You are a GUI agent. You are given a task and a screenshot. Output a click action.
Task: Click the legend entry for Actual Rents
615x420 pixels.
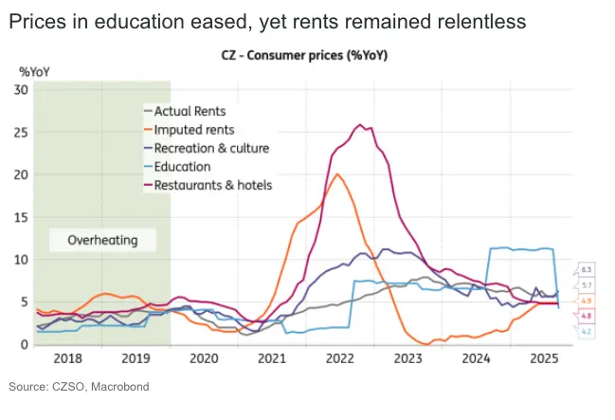190,111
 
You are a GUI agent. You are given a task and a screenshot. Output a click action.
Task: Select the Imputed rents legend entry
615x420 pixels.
193,129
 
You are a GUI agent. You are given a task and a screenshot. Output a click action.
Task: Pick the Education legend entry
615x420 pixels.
183,166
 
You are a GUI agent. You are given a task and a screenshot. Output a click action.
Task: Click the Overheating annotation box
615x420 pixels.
102,240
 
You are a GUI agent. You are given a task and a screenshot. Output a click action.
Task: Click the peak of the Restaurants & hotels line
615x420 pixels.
359,125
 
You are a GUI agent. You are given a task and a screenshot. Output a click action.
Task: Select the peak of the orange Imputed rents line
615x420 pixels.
338,174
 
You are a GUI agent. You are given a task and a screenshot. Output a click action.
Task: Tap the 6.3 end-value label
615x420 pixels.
586,270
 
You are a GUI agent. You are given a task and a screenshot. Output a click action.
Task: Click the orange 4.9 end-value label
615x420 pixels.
586,301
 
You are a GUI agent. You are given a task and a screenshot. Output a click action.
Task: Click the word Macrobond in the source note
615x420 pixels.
119,387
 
